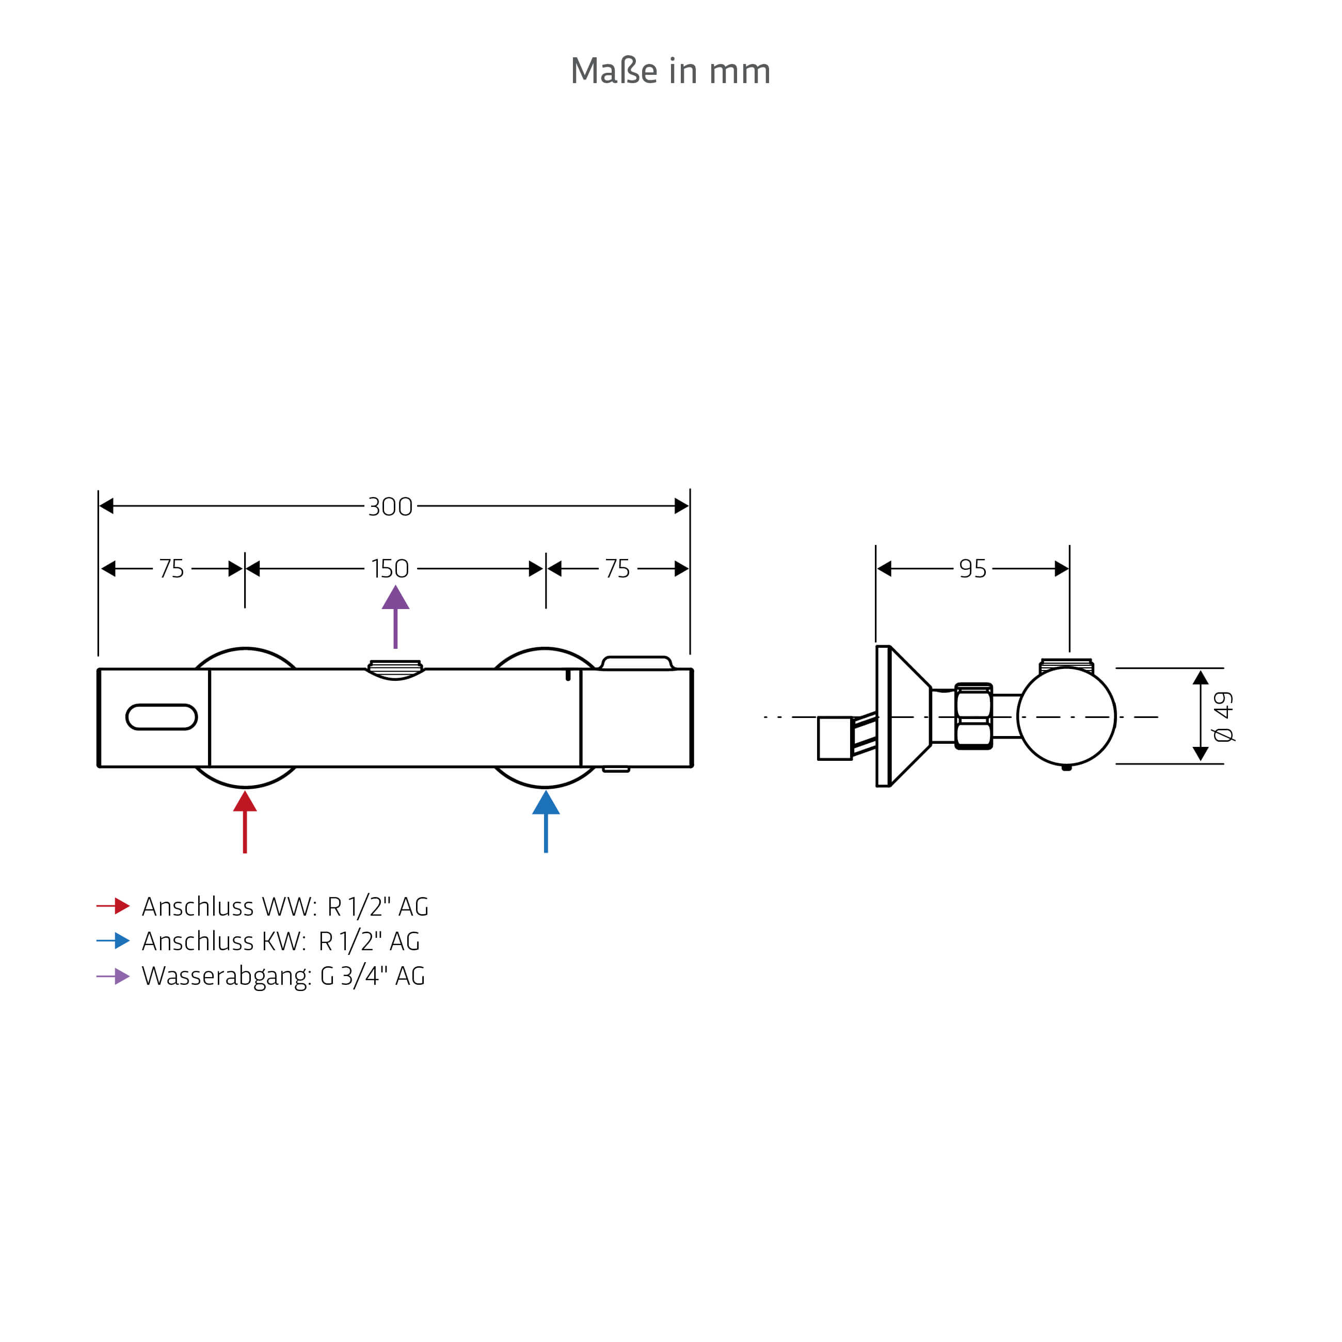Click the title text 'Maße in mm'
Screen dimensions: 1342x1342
pyautogui.click(x=670, y=71)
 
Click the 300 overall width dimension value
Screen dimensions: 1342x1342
pyautogui.click(x=390, y=506)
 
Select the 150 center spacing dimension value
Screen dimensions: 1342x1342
pyautogui.click(x=390, y=568)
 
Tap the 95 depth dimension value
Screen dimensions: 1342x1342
pyautogui.click(x=972, y=568)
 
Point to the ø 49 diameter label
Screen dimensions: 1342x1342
pyautogui.click(x=1223, y=716)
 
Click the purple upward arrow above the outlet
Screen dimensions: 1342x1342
pyautogui.click(x=395, y=616)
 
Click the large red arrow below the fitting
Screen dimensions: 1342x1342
pyautogui.click(x=245, y=821)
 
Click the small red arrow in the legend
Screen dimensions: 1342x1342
pyautogui.click(x=113, y=906)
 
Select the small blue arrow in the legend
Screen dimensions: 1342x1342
pyautogui.click(x=113, y=940)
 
